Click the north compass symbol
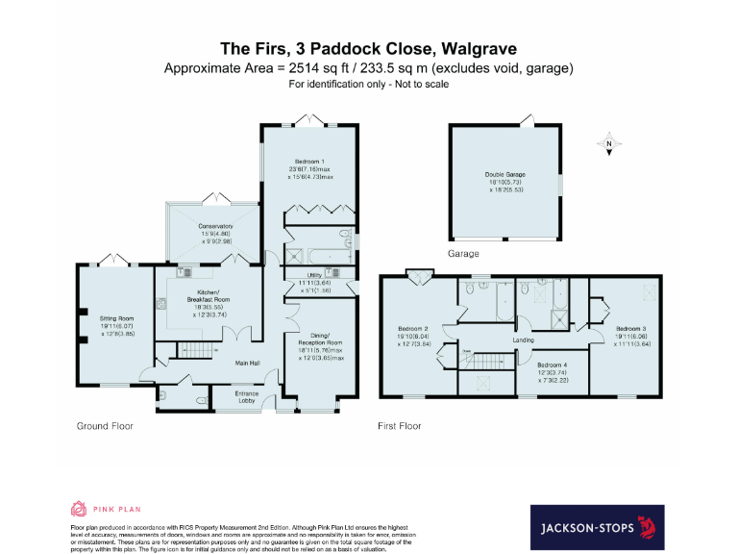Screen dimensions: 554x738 608,146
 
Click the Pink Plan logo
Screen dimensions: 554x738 106,508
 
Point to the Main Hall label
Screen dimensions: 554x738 251,364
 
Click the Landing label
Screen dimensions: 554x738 523,340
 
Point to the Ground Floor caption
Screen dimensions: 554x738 105,425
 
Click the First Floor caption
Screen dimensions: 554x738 401,425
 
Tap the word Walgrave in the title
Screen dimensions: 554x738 479,48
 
